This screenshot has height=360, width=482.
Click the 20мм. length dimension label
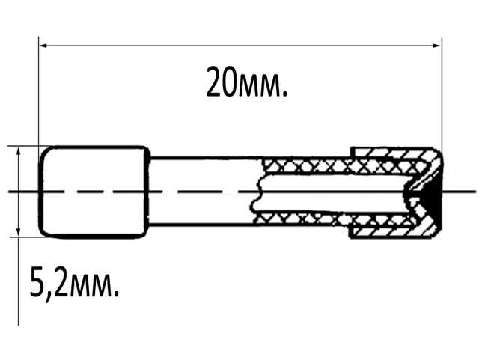pyautogui.click(x=247, y=82)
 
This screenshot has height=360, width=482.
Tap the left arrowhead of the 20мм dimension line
pyautogui.click(x=43, y=46)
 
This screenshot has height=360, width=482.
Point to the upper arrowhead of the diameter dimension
pyautogui.click(x=19, y=151)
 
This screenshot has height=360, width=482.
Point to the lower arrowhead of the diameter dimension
pyautogui.click(x=19, y=232)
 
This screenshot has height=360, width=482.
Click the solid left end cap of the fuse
pyautogui.click(x=94, y=192)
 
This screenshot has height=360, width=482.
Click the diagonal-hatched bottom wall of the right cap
pyautogui.click(x=394, y=231)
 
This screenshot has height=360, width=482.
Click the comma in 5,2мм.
pyautogui.click(x=49, y=296)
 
